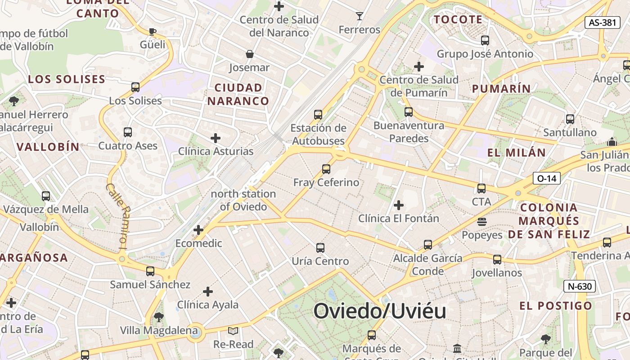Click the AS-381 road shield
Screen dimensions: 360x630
coord(602,22)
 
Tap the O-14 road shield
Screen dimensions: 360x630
coord(547,178)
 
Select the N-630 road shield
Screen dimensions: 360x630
coord(580,286)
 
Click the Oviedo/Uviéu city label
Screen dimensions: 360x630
coord(380,311)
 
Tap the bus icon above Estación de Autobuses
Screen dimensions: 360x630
coord(318,115)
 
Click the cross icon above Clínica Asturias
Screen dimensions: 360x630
coord(216,138)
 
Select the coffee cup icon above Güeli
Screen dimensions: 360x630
coord(152,31)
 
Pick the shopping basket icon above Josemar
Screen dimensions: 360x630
coord(249,54)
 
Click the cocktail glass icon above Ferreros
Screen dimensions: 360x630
coord(359,17)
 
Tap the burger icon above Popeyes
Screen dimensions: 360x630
coord(482,222)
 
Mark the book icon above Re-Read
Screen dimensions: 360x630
coord(233,331)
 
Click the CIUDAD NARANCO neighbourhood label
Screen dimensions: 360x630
coord(238,94)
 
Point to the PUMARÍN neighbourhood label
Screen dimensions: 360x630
coord(501,89)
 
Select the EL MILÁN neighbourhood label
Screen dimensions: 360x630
coord(517,153)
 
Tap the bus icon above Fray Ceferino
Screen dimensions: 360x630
coord(326,169)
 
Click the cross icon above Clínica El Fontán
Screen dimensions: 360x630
coord(398,206)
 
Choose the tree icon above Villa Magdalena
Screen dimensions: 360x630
coord(158,317)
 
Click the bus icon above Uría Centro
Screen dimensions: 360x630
coord(320,248)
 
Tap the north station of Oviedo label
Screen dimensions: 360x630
coord(243,200)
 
